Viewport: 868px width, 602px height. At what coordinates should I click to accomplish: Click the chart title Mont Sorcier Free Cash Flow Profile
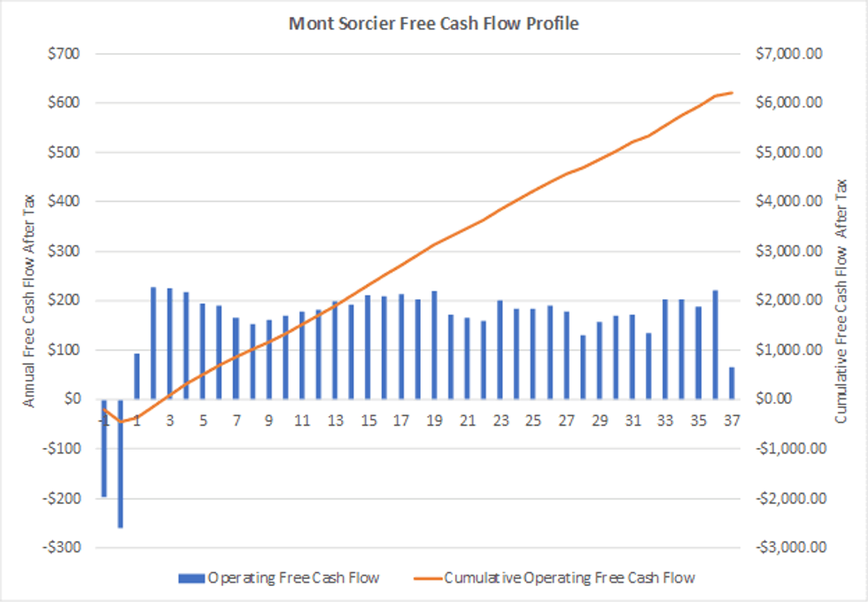tap(434, 24)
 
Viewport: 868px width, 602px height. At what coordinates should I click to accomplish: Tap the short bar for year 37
tap(732, 383)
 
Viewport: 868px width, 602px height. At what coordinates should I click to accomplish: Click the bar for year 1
tap(137, 376)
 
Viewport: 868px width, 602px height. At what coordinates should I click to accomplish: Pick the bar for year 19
tap(434, 345)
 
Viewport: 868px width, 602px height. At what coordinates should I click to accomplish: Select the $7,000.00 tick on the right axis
tap(794, 54)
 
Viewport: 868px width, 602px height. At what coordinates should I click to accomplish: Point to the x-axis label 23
tap(500, 420)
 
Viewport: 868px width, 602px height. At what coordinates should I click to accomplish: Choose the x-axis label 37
tap(732, 420)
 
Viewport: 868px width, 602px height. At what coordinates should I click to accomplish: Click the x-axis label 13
tap(335, 420)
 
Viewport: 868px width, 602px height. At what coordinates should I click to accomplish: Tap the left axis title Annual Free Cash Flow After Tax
tap(29, 301)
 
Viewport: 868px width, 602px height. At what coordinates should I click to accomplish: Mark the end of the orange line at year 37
tap(732, 92)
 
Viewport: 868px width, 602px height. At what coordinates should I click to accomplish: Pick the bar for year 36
tap(715, 344)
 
